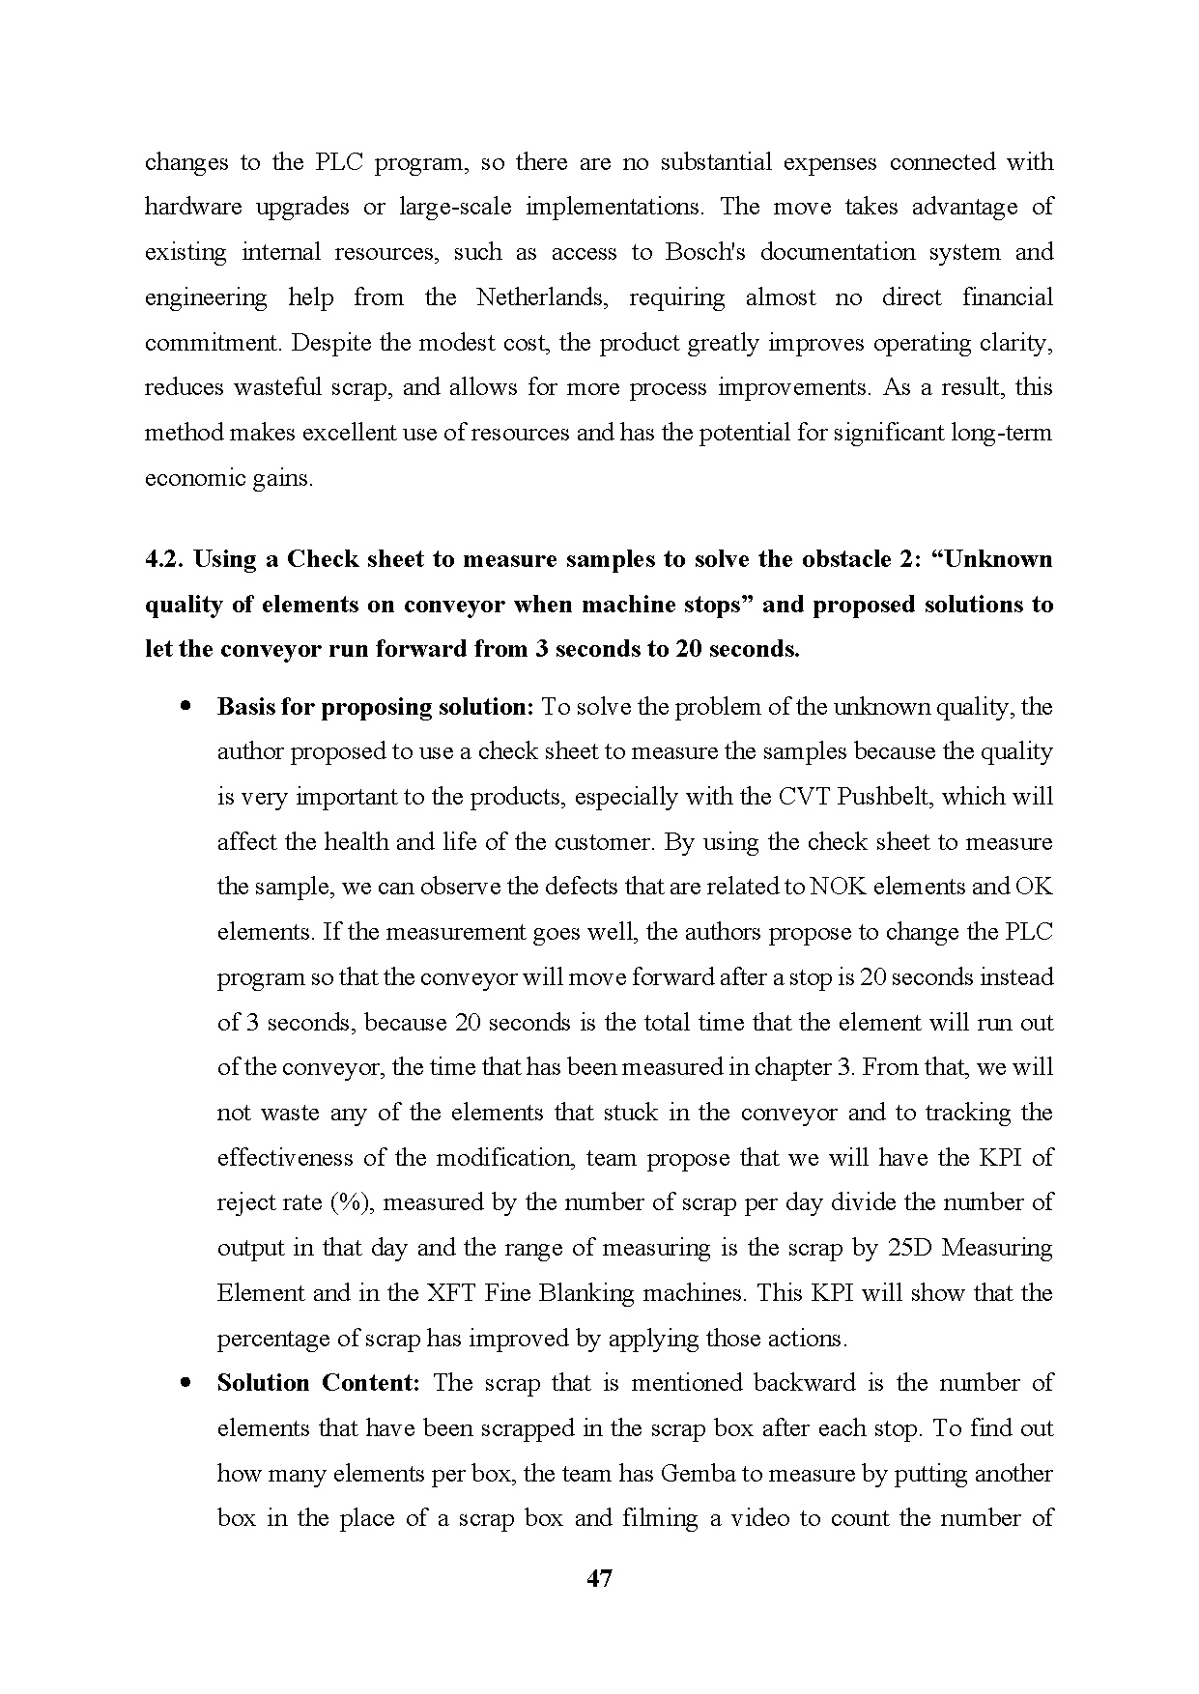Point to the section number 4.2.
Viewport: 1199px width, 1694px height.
[x=164, y=560]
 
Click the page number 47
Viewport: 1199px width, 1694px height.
[x=599, y=1579]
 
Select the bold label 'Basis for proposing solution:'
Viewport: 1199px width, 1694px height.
[x=375, y=707]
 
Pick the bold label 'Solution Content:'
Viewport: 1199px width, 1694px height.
[x=318, y=1383]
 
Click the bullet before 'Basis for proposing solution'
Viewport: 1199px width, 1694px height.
[x=184, y=706]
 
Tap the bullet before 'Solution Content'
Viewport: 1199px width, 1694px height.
[x=184, y=1382]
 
